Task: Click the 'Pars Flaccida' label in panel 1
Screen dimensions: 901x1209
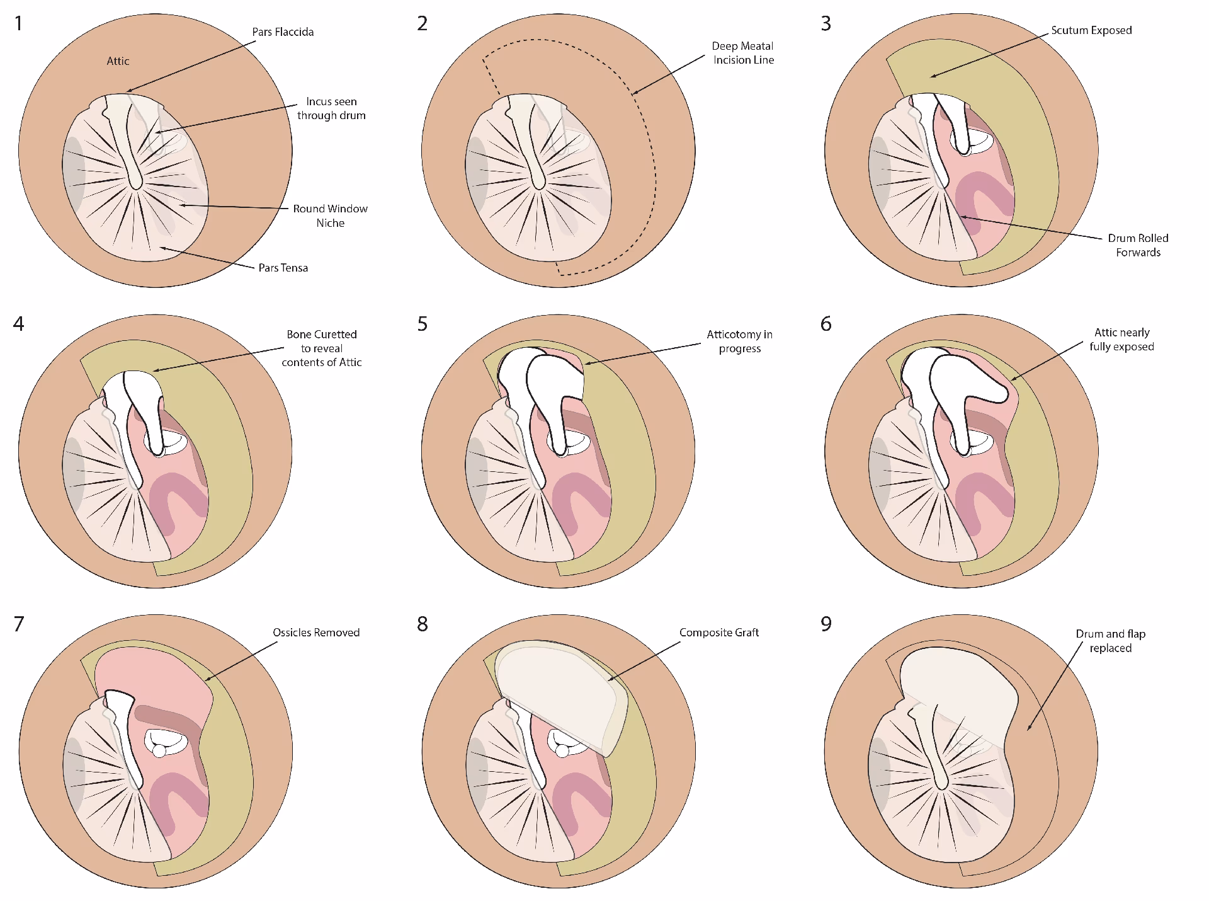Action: pos(283,32)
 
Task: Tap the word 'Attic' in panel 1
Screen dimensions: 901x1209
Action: pos(118,61)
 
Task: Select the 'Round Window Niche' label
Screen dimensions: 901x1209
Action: pos(330,215)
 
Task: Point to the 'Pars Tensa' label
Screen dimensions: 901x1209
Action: pos(283,268)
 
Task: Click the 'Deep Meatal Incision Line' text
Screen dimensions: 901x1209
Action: pos(743,53)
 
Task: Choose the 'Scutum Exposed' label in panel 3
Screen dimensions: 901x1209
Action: pos(1091,30)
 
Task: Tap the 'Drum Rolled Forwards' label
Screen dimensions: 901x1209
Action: pos(1138,245)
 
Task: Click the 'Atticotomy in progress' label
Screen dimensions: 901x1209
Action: pos(739,341)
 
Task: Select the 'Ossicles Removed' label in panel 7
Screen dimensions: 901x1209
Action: pos(316,633)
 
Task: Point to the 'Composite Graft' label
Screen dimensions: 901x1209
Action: pos(718,633)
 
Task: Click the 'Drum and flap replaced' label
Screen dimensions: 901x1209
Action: pos(1110,641)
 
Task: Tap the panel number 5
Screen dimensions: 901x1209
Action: pos(422,324)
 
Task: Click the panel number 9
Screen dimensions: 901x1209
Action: pos(826,624)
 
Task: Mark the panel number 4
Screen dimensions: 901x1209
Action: pos(19,324)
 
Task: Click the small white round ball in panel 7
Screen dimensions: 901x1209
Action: pos(159,750)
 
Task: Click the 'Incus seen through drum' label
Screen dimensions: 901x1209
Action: pos(331,108)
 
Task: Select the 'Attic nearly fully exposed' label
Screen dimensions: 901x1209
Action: pos(1121,340)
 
